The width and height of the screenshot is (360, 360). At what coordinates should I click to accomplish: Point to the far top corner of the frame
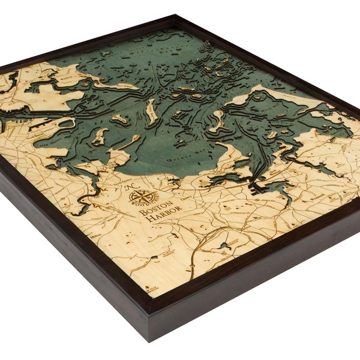click(178, 17)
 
